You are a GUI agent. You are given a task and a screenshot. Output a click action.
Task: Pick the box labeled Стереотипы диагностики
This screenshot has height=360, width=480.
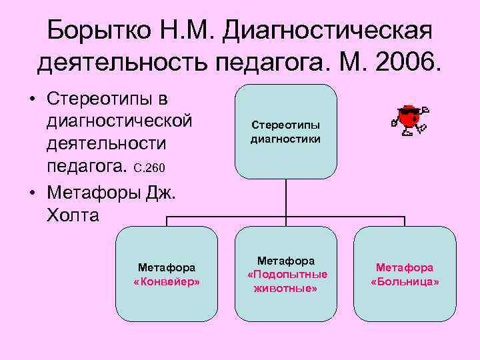pos(285,131)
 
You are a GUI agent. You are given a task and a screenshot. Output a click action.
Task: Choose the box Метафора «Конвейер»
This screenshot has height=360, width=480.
pos(167,274)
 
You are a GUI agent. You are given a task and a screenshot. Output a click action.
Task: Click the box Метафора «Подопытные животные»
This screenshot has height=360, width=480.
pos(287,274)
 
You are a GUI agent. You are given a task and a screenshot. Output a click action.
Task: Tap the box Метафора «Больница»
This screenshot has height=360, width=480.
pos(405,274)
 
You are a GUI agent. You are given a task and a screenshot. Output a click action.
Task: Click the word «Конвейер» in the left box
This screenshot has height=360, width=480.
pos(167,281)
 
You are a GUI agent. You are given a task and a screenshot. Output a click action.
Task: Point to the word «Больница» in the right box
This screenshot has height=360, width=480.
pos(405,281)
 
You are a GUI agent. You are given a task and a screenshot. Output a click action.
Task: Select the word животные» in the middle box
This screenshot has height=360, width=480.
pos(287,289)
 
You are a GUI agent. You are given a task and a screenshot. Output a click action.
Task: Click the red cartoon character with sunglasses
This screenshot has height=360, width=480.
pos(409,119)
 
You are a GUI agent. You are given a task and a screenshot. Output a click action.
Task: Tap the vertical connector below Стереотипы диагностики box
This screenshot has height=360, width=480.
pos(286,198)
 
